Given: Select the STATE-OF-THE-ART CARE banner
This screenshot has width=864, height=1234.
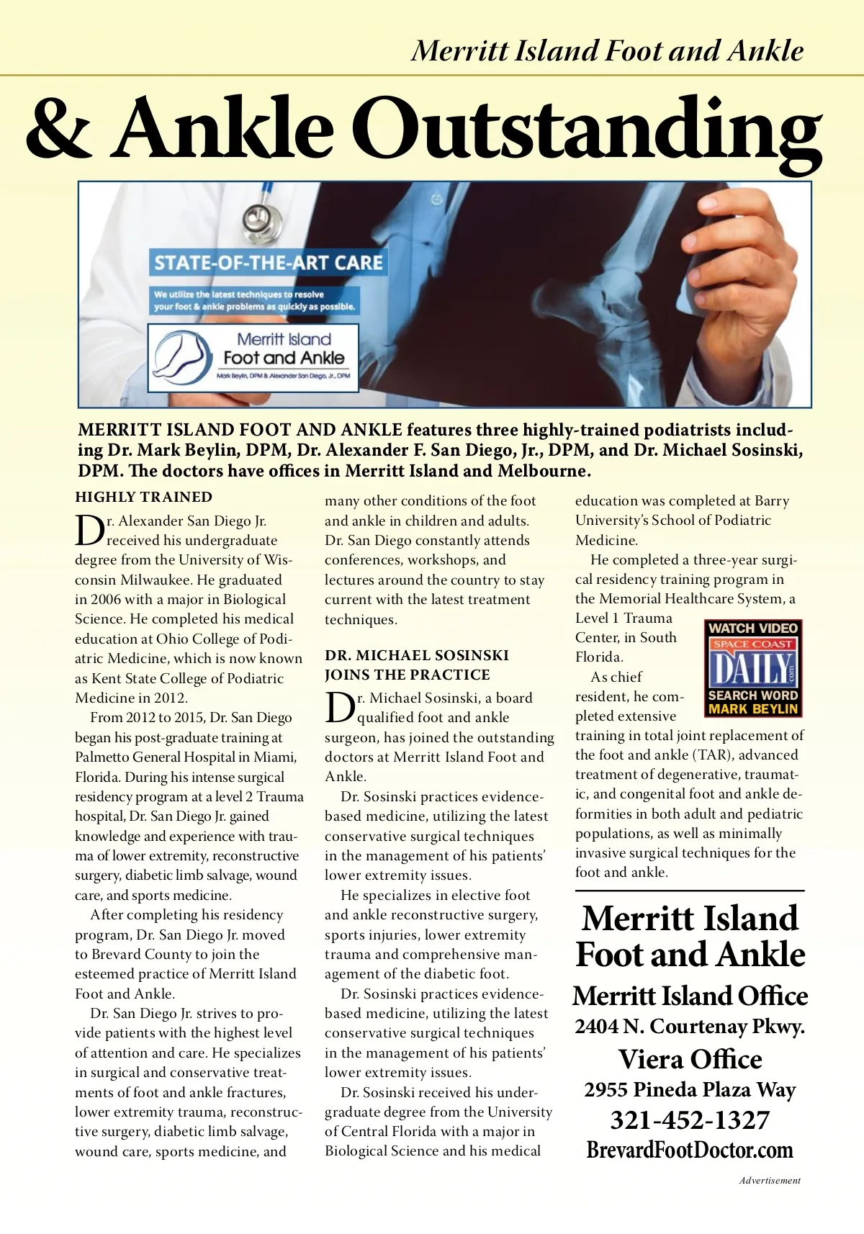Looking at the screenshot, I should (268, 262).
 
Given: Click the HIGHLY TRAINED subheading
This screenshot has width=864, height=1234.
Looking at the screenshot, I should (144, 497).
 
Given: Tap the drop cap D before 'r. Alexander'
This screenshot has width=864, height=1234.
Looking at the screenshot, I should (90, 531).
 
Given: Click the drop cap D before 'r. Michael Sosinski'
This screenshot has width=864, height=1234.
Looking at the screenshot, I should (340, 708).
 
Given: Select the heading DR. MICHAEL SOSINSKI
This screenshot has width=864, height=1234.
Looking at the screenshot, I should (417, 655).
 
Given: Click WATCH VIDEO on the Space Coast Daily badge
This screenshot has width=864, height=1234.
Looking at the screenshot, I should (753, 628).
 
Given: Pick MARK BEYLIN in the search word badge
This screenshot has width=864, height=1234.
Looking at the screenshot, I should (753, 709).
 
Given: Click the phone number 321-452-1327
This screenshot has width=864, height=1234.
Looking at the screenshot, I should (690, 1120).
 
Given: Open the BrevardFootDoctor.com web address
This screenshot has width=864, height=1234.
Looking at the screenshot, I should (690, 1150).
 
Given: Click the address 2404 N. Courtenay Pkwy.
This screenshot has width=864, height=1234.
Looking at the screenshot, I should (690, 1027).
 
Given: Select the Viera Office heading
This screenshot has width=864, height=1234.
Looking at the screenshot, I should (690, 1059).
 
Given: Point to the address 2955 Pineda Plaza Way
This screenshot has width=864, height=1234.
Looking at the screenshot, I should (690, 1089).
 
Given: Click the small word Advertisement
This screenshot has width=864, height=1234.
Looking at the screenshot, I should (770, 1181).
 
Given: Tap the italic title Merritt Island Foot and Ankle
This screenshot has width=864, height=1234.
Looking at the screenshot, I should (607, 50).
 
